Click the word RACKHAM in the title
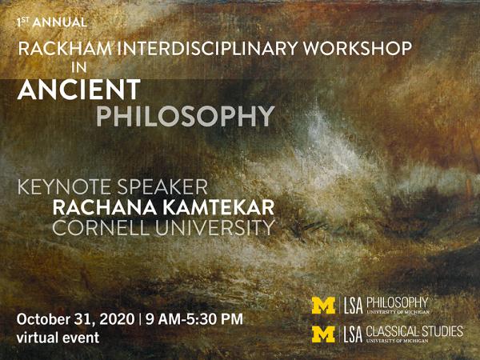click(65, 48)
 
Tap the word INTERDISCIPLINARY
click(207, 48)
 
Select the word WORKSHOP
click(358, 48)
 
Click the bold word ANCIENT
click(79, 90)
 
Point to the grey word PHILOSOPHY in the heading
click(186, 116)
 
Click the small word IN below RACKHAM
click(79, 68)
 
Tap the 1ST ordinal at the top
click(23, 22)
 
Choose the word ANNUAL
click(60, 22)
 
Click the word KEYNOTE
click(64, 187)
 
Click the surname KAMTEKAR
click(218, 207)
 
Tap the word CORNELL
click(101, 228)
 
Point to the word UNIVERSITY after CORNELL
click(215, 228)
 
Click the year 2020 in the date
click(118, 319)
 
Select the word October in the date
click(43, 319)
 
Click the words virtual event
click(58, 338)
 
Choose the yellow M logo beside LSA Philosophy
click(324, 306)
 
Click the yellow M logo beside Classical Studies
click(324, 334)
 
